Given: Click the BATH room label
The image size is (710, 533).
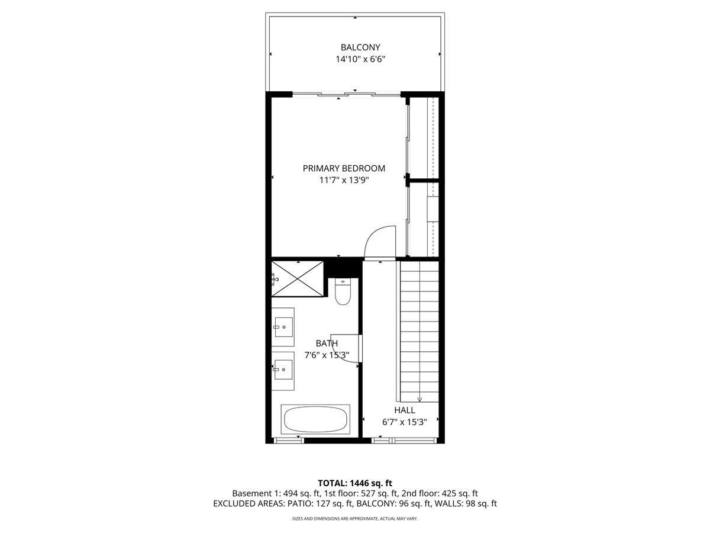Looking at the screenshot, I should pyautogui.click(x=327, y=343).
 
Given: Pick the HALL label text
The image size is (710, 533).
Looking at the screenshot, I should pyautogui.click(x=405, y=410).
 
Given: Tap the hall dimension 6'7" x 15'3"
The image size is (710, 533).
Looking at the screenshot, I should pyautogui.click(x=405, y=422).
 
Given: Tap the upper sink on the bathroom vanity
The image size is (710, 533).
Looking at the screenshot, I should pyautogui.click(x=283, y=326).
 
